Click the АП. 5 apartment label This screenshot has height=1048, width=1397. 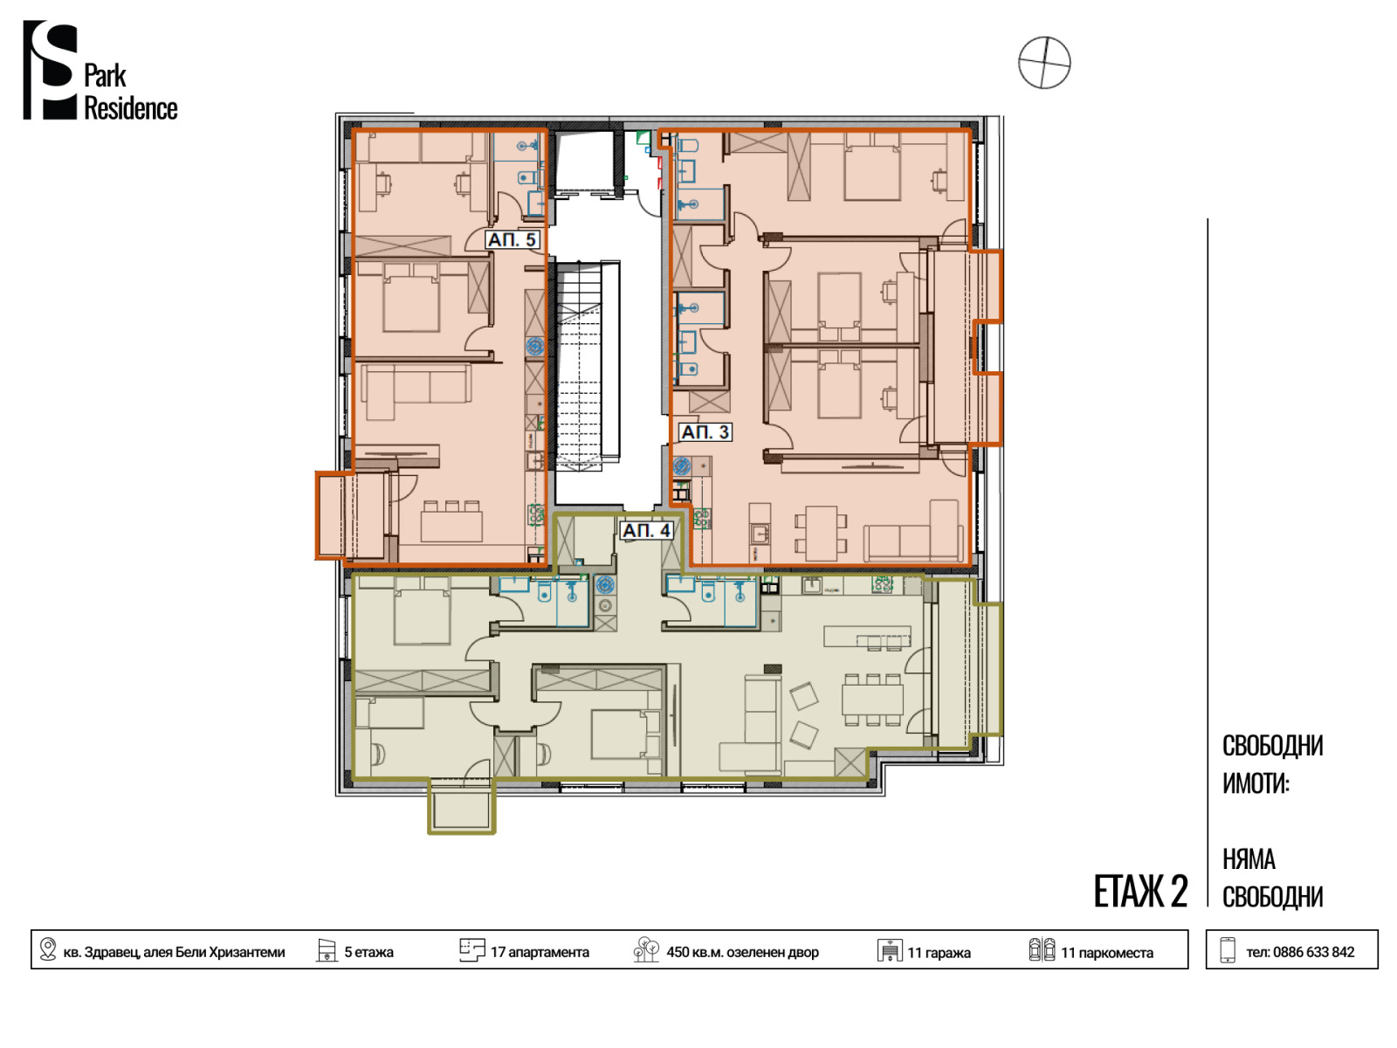tap(512, 240)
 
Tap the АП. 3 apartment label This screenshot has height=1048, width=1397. tap(705, 432)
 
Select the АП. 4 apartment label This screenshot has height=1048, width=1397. tap(646, 531)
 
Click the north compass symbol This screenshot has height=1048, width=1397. tap(1043, 62)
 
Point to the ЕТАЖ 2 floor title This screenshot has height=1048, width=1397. tap(1140, 892)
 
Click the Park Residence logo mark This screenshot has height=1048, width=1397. tap(50, 70)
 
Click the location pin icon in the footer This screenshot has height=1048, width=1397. tap(48, 948)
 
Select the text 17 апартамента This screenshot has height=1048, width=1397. tap(539, 953)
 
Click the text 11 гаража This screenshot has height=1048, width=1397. tap(939, 953)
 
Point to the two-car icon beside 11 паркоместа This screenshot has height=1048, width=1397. tap(1042, 949)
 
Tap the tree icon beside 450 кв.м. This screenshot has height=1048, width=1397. tap(645, 949)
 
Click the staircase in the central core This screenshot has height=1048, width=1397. tap(579, 366)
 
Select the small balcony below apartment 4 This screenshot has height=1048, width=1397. tap(461, 805)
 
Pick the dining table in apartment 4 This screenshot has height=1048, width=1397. tap(872, 700)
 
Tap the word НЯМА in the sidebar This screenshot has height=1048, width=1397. tap(1248, 859)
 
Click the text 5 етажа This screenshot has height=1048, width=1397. tap(368, 953)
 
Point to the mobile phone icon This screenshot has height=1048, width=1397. tap(1228, 949)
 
